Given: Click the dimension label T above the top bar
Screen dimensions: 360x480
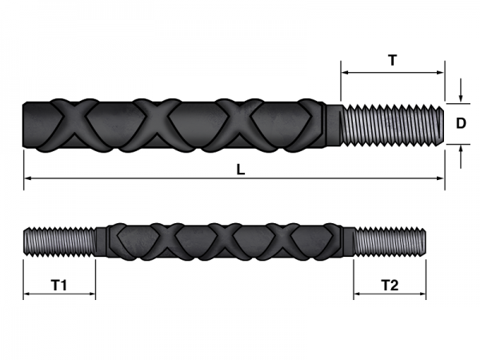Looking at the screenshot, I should [392, 59].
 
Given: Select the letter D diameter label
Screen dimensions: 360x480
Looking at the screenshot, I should [461, 123].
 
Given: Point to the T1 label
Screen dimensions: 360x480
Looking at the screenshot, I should [59, 284].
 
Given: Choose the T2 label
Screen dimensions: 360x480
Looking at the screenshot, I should [390, 284].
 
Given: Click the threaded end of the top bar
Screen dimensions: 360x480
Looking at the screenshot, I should [390, 123].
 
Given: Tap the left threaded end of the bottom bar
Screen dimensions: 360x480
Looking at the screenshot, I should [59, 241].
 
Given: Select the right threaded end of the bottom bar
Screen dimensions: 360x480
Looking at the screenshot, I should [390, 241].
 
